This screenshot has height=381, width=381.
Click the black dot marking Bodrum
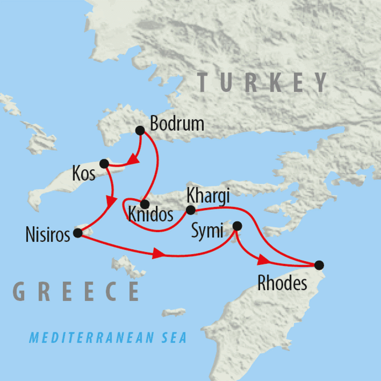(140, 130)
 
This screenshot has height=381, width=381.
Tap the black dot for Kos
(105, 163)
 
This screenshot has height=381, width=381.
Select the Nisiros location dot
(78, 233)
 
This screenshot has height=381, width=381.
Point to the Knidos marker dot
(145, 204)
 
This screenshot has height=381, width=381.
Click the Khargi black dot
(190, 210)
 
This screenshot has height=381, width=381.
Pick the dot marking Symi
(237, 226)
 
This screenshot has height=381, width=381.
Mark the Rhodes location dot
(319, 265)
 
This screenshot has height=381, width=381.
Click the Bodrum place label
(177, 124)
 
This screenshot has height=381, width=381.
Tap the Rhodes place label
(283, 284)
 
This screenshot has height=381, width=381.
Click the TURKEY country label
(263, 82)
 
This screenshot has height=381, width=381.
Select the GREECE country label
(76, 291)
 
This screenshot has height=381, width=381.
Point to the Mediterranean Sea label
(108, 338)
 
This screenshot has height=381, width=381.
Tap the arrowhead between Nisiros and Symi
(158, 255)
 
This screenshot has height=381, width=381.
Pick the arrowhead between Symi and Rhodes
(263, 260)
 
